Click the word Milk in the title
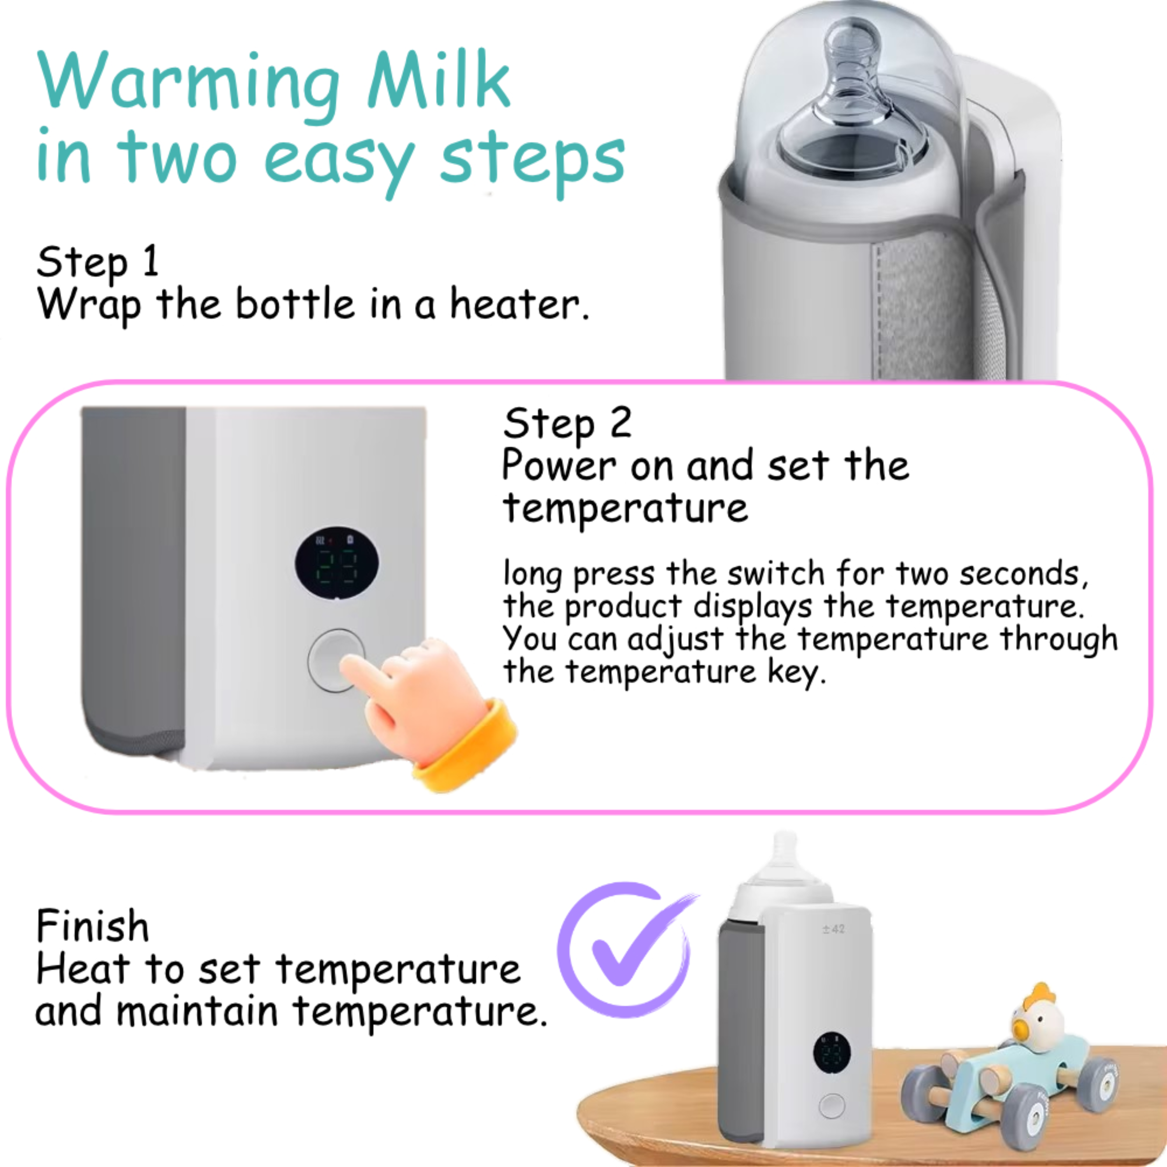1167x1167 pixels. click(439, 80)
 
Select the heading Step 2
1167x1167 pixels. click(567, 423)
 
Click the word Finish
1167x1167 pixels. click(92, 925)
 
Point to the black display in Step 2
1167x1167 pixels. click(337, 563)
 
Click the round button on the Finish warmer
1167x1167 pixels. click(832, 1105)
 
